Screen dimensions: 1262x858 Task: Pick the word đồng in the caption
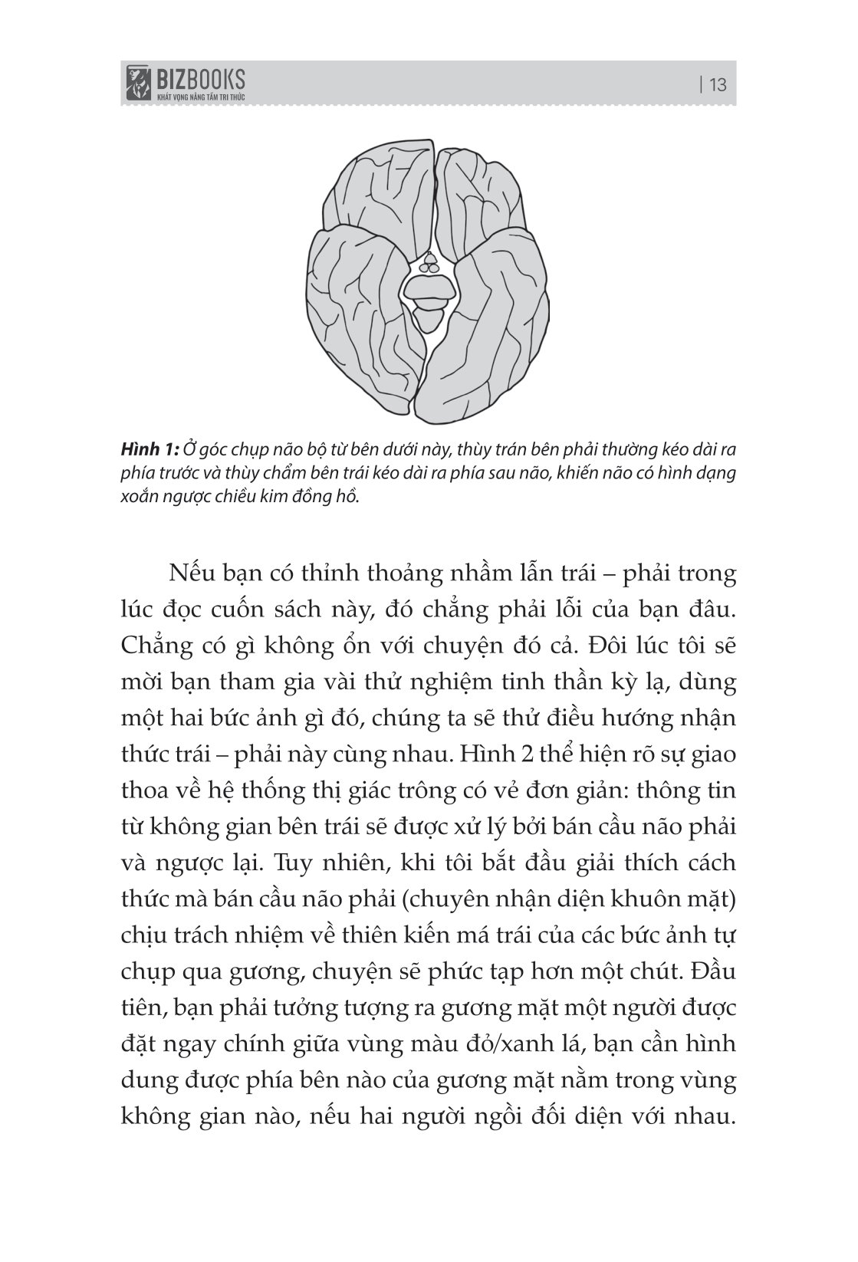click(x=305, y=497)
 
